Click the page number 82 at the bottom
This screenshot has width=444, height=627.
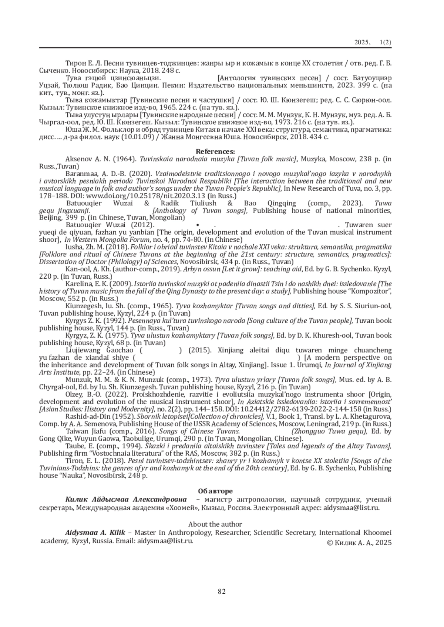click(222, 591)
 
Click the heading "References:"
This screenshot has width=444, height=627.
click(215, 151)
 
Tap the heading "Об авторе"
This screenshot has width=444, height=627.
click(215, 491)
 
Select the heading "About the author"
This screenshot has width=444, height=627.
click(215, 524)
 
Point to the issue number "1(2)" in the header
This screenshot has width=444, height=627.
click(385, 43)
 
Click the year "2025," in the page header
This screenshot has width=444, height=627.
click(363, 43)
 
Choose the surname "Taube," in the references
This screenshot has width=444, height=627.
click(74, 446)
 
